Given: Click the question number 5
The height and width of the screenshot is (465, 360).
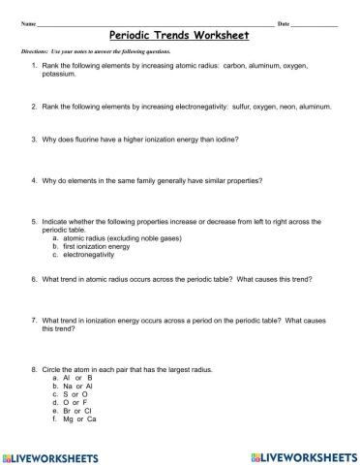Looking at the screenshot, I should coord(34,221).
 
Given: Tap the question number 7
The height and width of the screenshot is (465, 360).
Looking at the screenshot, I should coord(34,320).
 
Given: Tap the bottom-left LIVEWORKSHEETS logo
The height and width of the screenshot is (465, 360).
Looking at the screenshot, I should coord(53,453).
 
